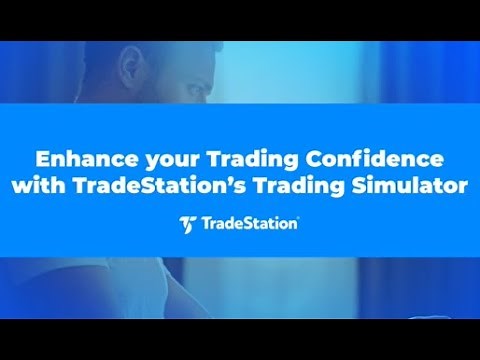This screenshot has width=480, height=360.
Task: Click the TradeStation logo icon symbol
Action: [186, 223]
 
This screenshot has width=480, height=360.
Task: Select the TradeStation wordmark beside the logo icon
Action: [249, 223]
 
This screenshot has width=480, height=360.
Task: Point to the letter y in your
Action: [128, 161]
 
